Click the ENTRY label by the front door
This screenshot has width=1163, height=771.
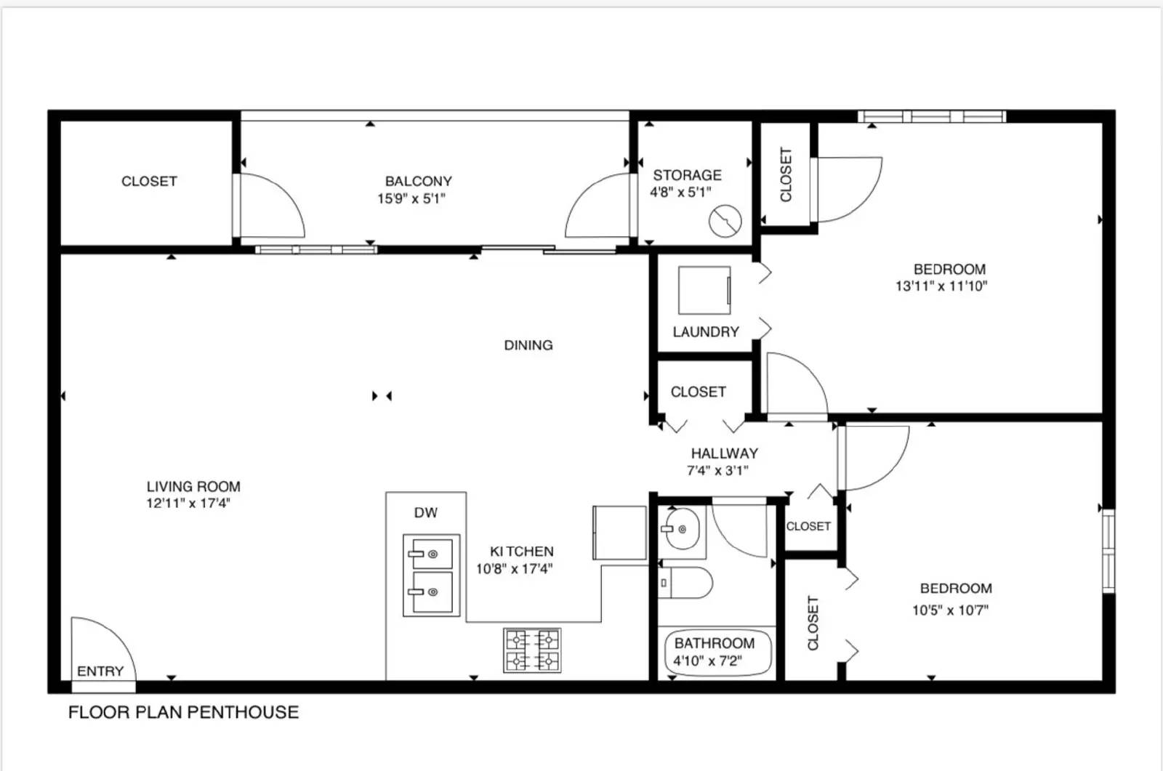pyautogui.click(x=100, y=671)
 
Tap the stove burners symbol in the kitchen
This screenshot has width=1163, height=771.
pyautogui.click(x=533, y=650)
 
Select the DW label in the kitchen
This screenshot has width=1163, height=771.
pyautogui.click(x=425, y=513)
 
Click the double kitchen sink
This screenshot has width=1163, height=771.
pyautogui.click(x=432, y=574)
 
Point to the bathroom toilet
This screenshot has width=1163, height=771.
pyautogui.click(x=686, y=583)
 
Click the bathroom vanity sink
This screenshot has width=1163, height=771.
pyautogui.click(x=680, y=530)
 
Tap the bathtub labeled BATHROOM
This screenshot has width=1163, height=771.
pyautogui.click(x=717, y=652)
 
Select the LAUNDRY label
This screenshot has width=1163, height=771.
pyautogui.click(x=705, y=332)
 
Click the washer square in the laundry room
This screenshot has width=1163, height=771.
pyautogui.click(x=704, y=291)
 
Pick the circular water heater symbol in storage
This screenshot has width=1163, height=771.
pyautogui.click(x=725, y=222)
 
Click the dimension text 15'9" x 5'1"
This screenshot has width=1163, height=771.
pyautogui.click(x=411, y=198)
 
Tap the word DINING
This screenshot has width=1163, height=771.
pyautogui.click(x=528, y=345)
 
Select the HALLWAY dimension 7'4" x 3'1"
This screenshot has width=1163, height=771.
pyautogui.click(x=717, y=470)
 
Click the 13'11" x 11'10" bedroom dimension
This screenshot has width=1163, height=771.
pyautogui.click(x=941, y=286)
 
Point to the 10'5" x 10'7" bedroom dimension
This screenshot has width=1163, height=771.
pyautogui.click(x=950, y=610)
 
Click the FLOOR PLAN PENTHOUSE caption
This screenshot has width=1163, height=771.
pyautogui.click(x=183, y=712)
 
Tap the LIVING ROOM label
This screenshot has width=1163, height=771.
pyautogui.click(x=193, y=486)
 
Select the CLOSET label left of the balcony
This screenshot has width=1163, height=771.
pyautogui.click(x=149, y=181)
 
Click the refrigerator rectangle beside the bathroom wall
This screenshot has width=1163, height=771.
pyautogui.click(x=619, y=532)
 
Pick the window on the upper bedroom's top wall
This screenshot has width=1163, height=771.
pyautogui.click(x=931, y=116)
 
